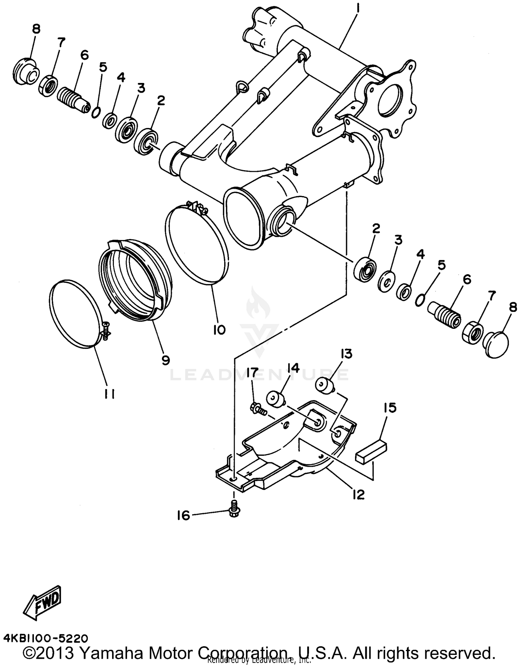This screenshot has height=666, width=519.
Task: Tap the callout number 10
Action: tap(219, 330)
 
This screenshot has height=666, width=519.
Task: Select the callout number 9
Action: tap(165, 361)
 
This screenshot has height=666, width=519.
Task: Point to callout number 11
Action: tap(110, 394)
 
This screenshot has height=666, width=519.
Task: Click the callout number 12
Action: tap(358, 495)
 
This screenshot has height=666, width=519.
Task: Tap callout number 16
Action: tap(184, 516)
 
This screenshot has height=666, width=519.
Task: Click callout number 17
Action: tap(253, 373)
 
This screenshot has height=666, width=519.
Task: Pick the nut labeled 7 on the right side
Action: tap(472, 333)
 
